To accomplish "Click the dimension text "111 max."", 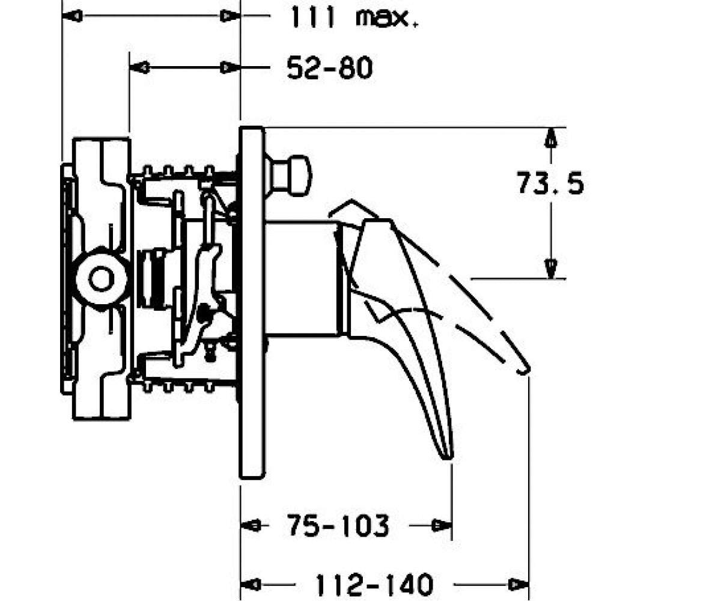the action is coord(354,17).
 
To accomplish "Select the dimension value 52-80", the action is coord(330,68).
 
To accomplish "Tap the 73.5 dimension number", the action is coord(550,183).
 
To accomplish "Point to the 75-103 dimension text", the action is coord(338,526).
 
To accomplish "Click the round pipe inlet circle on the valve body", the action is coord(101,279).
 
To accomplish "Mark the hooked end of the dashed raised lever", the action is coord(523,371).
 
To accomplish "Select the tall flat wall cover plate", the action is coord(252,302).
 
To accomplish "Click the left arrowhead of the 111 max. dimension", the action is coord(72,16).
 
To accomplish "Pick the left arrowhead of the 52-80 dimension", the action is coord(139,67).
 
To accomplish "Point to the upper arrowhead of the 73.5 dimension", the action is coord(551,138).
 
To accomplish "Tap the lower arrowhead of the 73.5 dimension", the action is coord(551,269).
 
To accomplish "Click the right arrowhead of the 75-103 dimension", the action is coord(442,526).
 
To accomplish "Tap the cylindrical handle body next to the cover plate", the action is coord(300,279).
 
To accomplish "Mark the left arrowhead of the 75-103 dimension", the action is coord(251,526).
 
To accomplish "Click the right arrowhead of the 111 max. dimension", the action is coord(230,16).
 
